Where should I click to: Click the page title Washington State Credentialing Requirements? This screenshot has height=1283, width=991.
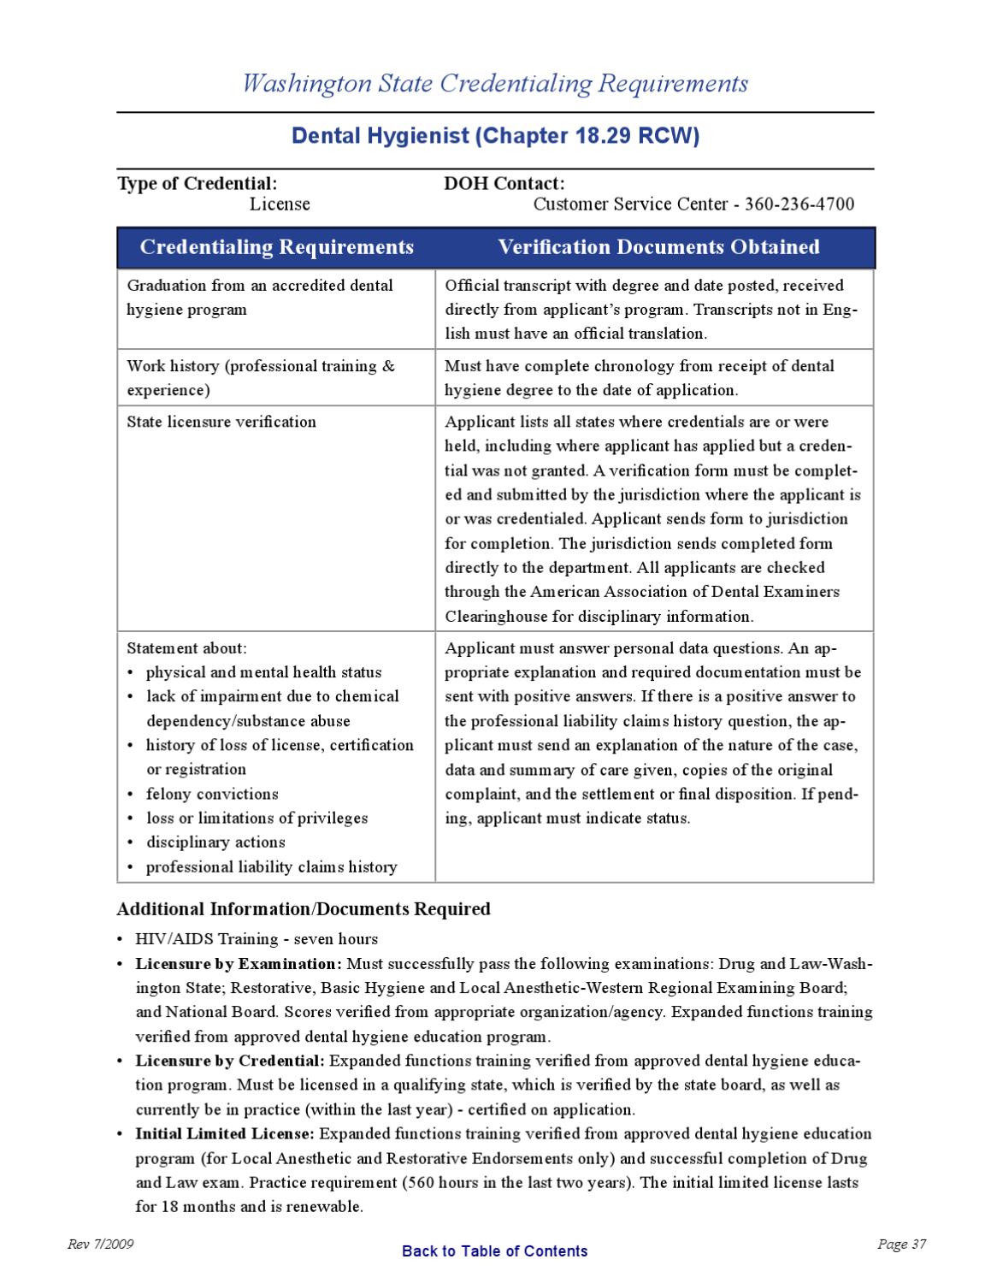(495, 84)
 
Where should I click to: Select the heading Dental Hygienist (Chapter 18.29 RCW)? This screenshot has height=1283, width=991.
(495, 137)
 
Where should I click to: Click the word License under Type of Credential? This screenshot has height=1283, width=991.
(280, 204)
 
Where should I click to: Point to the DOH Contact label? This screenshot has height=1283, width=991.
(504, 183)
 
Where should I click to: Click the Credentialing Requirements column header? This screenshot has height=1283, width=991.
(276, 247)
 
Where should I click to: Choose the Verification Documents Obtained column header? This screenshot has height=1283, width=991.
(658, 247)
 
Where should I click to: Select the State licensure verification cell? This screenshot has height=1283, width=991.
(221, 422)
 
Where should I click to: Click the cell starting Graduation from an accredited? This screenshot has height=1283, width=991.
(260, 297)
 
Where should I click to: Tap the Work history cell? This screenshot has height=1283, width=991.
(261, 377)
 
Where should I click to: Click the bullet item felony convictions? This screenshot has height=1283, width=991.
(212, 794)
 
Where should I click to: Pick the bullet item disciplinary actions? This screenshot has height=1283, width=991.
(215, 842)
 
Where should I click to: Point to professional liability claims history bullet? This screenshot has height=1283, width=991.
(271, 866)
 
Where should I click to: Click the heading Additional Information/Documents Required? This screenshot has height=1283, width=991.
(304, 908)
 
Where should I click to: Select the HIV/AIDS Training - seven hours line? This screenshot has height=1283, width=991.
(257, 938)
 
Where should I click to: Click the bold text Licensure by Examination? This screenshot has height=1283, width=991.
(238, 963)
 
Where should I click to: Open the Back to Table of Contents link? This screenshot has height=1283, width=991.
(494, 1250)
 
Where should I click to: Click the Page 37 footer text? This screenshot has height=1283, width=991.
(901, 1245)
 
